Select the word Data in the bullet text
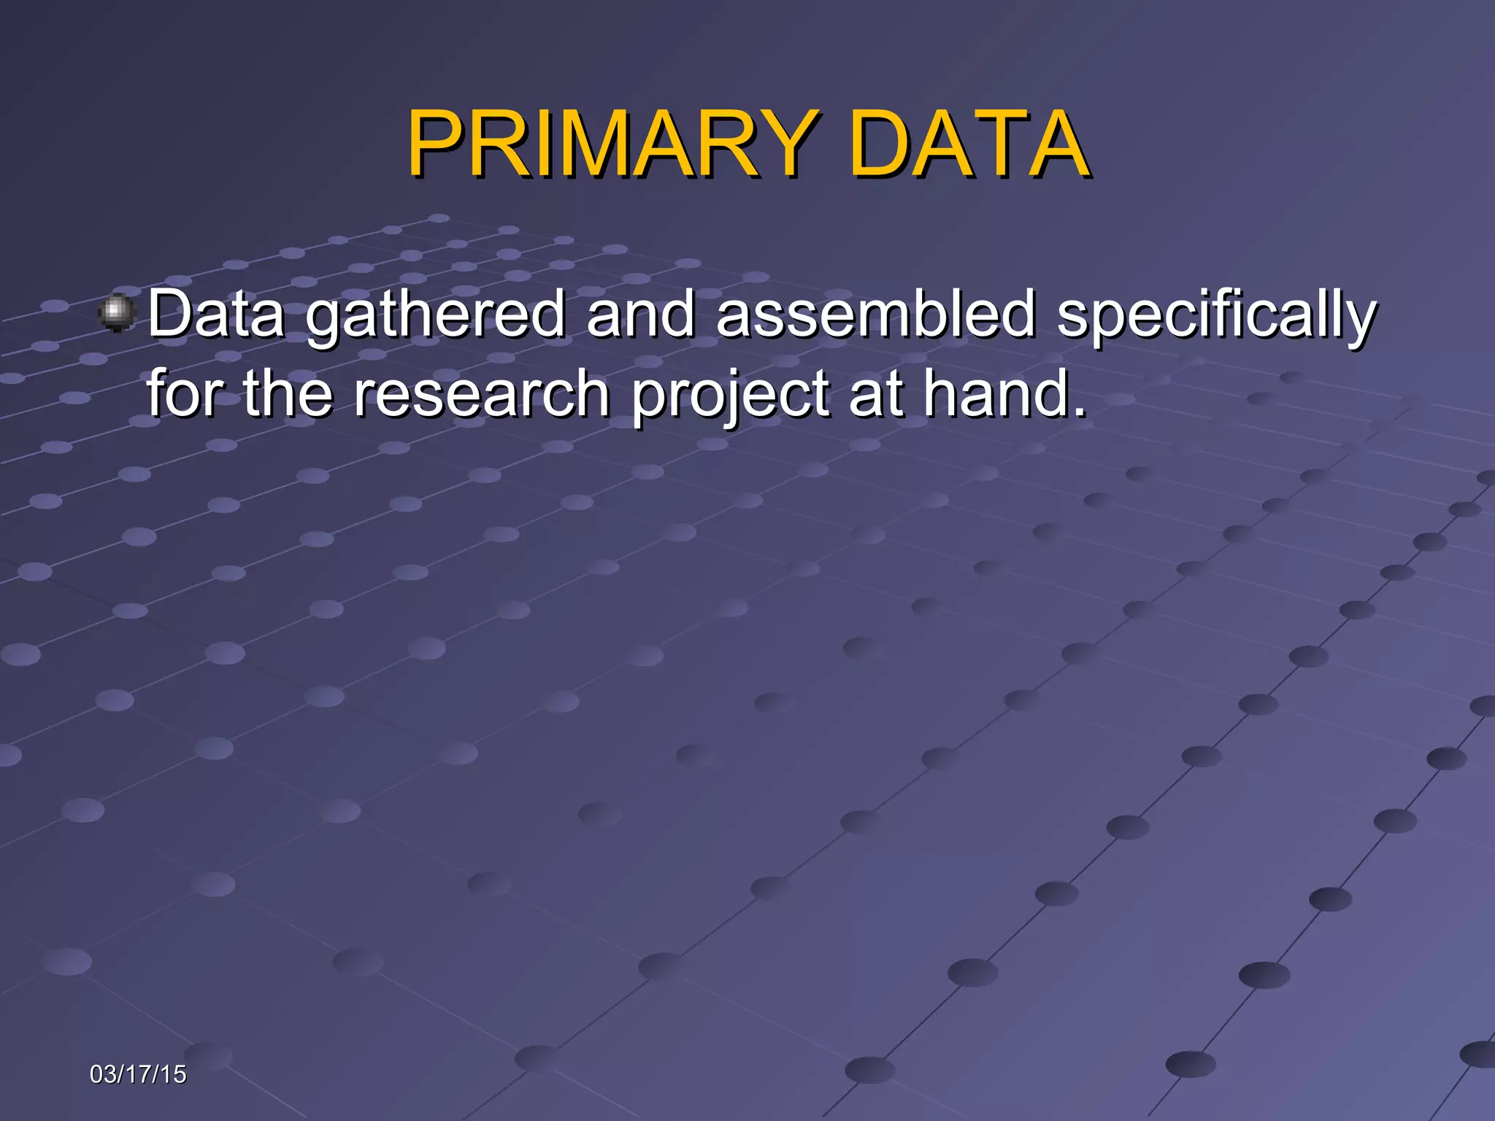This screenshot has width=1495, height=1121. click(216, 314)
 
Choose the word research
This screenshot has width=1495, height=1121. click(482, 394)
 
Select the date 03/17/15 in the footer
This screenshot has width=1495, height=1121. click(138, 1074)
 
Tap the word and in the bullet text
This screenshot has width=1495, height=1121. click(640, 314)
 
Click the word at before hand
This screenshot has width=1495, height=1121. click(875, 394)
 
